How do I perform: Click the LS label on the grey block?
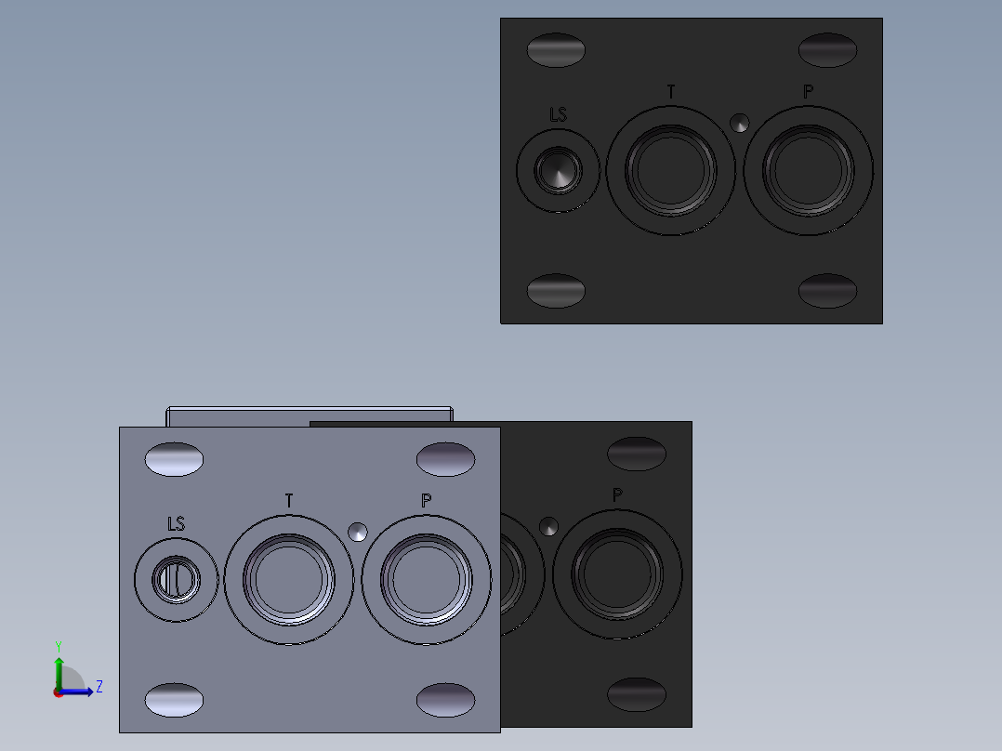tap(176, 524)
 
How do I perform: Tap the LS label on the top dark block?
tap(558, 115)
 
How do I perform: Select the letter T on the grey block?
tap(289, 500)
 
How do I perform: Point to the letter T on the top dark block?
tap(671, 92)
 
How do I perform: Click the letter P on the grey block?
tap(427, 500)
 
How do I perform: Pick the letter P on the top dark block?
tap(809, 92)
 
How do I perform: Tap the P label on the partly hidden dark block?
tap(617, 494)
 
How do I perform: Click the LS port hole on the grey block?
tap(176, 580)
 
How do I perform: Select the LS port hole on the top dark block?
tap(558, 171)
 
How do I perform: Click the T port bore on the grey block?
tap(289, 580)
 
